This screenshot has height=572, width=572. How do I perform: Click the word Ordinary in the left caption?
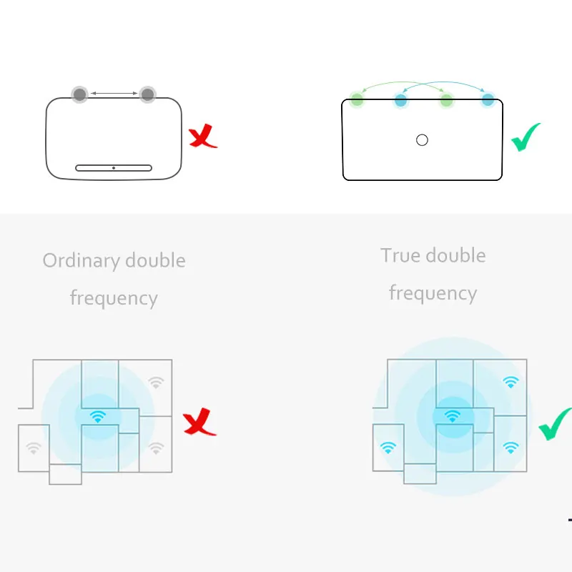(x=82, y=261)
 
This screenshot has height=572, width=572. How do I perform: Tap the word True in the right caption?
(x=400, y=255)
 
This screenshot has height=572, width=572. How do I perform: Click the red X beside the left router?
(x=202, y=136)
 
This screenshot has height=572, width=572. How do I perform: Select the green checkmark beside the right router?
(x=526, y=137)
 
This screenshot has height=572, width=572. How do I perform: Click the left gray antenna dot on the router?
(x=79, y=95)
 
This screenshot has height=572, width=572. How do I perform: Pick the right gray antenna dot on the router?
(x=148, y=95)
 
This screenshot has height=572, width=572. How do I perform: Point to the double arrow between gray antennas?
(x=114, y=94)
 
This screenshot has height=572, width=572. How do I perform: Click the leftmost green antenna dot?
(x=357, y=99)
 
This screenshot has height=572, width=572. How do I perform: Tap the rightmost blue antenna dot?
(x=488, y=99)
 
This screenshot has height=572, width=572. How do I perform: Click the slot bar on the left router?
(x=114, y=168)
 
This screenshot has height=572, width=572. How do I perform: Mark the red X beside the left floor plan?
(x=199, y=422)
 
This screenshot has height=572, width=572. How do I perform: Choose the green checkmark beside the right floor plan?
(x=554, y=425)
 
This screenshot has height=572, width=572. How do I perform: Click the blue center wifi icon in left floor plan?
(x=98, y=416)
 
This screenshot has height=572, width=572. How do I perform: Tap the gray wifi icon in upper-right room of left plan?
(x=156, y=383)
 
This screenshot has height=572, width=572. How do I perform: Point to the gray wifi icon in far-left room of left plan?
(x=34, y=448)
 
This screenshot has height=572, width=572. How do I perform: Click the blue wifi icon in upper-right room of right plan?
(x=511, y=382)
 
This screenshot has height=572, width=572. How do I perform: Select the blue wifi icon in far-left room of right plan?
(x=388, y=448)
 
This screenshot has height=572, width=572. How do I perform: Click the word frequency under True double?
(x=433, y=294)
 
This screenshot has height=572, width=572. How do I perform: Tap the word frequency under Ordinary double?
(x=114, y=298)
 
